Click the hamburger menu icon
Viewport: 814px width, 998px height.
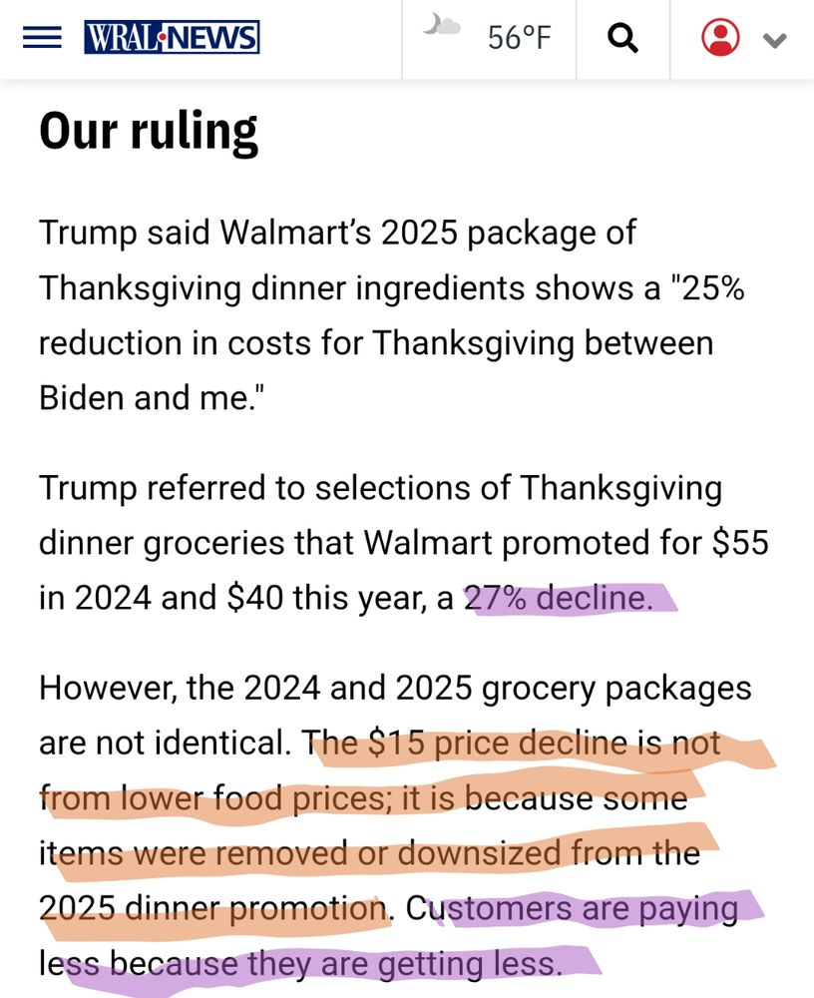click(41, 38)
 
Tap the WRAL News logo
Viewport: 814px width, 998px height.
click(172, 38)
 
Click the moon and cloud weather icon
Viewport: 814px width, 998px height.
click(441, 25)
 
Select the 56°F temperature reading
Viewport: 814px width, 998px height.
click(519, 38)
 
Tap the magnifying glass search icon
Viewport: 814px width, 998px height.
click(622, 38)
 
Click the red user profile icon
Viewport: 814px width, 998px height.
click(720, 38)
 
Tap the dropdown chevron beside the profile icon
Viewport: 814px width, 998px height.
click(774, 40)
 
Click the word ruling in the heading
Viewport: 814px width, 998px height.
click(195, 132)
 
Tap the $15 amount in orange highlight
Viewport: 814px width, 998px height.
click(403, 744)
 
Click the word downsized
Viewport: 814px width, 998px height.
click(479, 853)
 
